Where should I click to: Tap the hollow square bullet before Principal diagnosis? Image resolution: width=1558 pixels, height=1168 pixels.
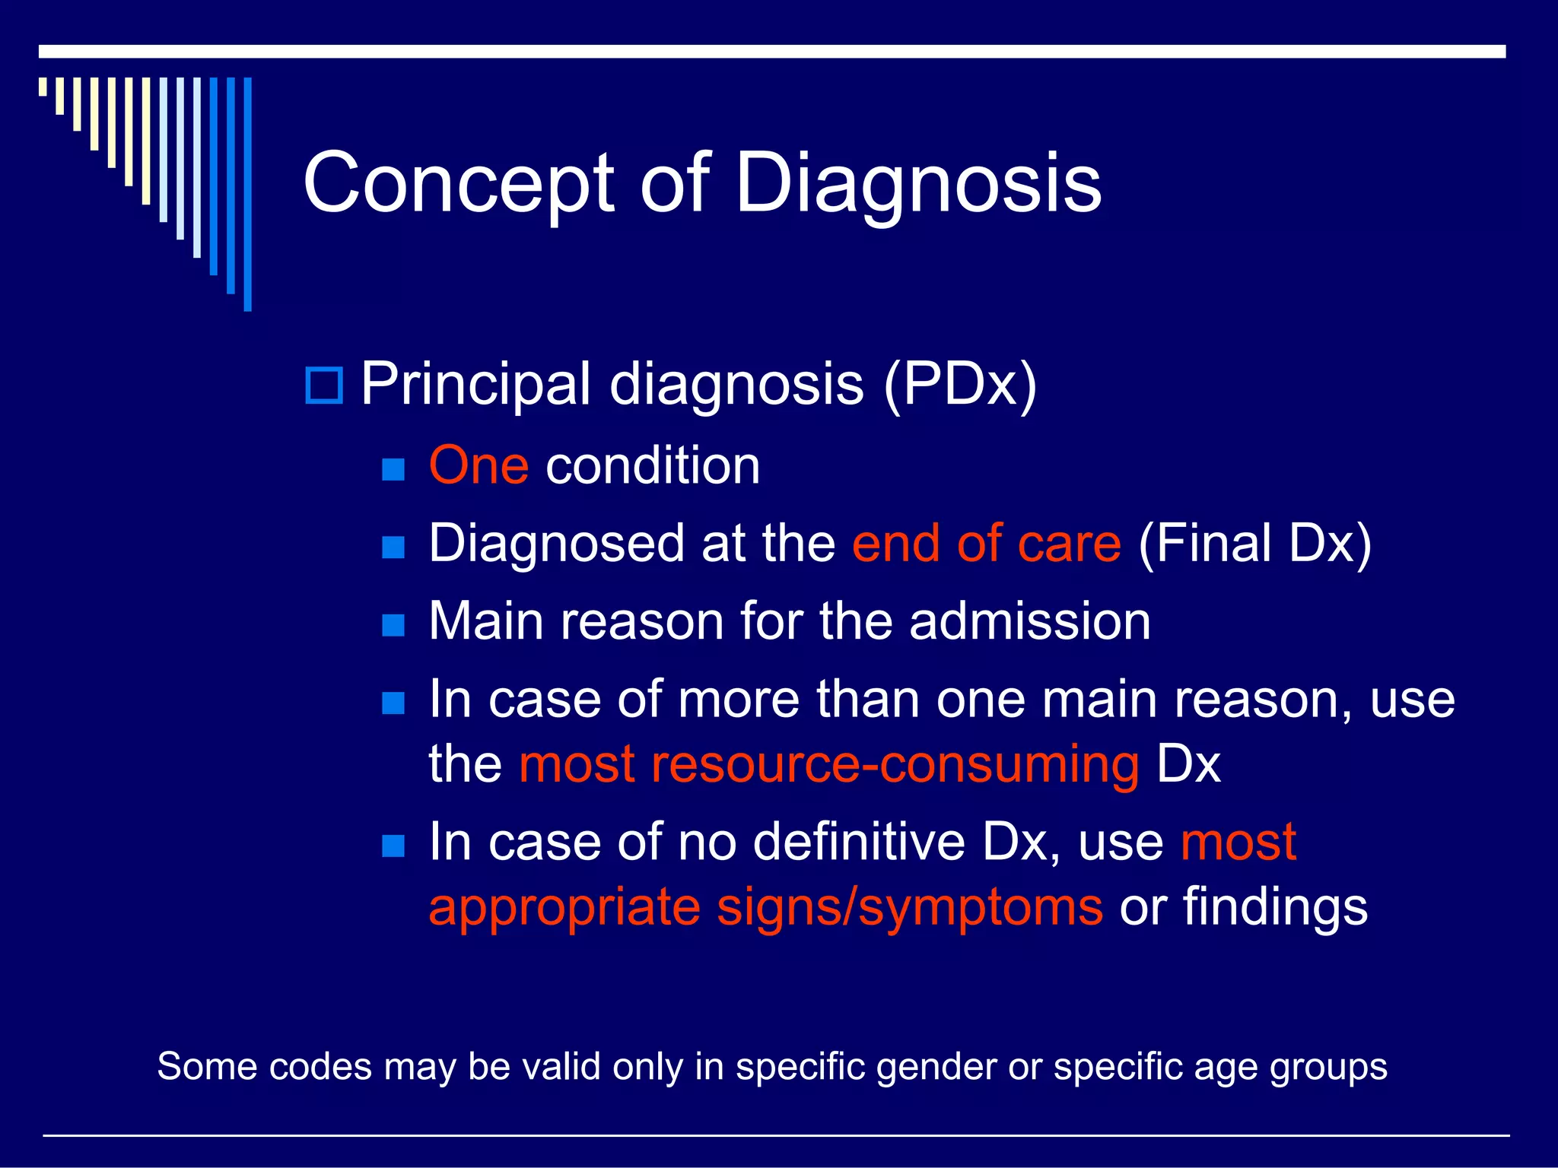[324, 386]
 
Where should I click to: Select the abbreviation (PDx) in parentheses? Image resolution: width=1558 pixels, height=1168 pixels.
[960, 384]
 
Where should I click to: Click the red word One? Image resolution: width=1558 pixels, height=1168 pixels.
[479, 465]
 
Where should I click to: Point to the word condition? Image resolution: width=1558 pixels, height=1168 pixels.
[653, 465]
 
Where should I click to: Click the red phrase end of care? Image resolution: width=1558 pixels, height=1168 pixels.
[986, 544]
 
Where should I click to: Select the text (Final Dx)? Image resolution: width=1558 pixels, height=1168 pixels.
[1254, 544]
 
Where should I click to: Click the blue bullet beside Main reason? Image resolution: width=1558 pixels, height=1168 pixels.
[393, 625]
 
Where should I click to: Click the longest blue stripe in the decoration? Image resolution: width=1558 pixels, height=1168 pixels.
[247, 194]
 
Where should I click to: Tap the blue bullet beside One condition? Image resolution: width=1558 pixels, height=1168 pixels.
[393, 469]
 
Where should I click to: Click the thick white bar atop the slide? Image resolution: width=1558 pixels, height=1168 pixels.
[771, 52]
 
